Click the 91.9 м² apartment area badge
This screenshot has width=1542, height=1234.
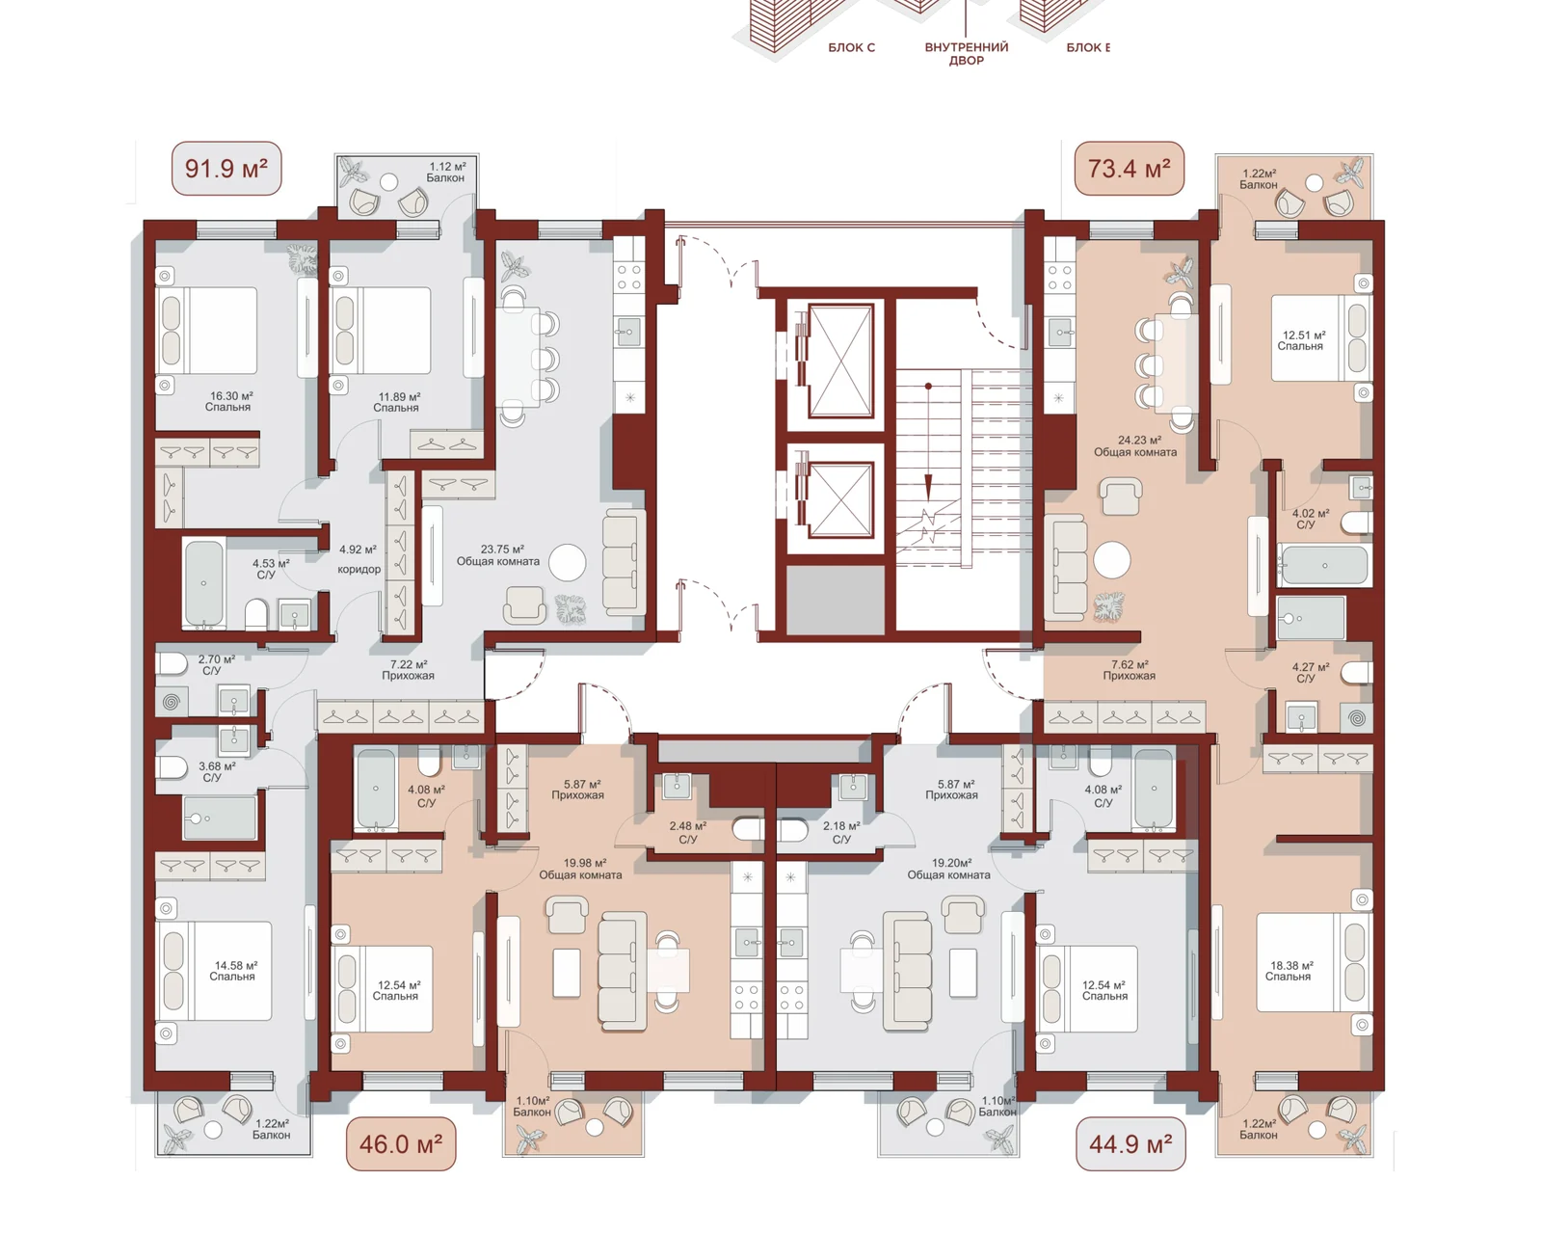click(226, 170)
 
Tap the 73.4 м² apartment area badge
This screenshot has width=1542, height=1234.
click(1130, 170)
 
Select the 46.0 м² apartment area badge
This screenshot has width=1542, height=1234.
click(401, 1144)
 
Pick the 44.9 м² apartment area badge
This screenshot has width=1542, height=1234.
click(1130, 1144)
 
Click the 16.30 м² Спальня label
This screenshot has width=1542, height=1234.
click(229, 402)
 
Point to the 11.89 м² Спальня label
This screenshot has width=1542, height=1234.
click(398, 402)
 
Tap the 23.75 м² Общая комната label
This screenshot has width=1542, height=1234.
click(498, 555)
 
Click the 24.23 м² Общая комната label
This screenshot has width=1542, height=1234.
click(1135, 446)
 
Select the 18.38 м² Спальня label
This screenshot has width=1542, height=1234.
click(1289, 972)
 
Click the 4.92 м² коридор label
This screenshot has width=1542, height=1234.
click(359, 559)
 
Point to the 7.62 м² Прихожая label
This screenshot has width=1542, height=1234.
click(1130, 670)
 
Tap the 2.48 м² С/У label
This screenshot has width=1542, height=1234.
click(688, 832)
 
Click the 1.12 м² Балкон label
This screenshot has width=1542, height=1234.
click(446, 173)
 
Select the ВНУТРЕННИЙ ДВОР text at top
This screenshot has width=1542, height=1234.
click(967, 54)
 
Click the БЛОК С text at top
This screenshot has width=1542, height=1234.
click(852, 48)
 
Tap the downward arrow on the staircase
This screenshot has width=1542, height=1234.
click(928, 442)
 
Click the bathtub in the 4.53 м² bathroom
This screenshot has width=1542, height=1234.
click(204, 583)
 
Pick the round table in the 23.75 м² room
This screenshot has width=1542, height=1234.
click(568, 563)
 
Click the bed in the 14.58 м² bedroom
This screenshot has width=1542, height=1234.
click(215, 971)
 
